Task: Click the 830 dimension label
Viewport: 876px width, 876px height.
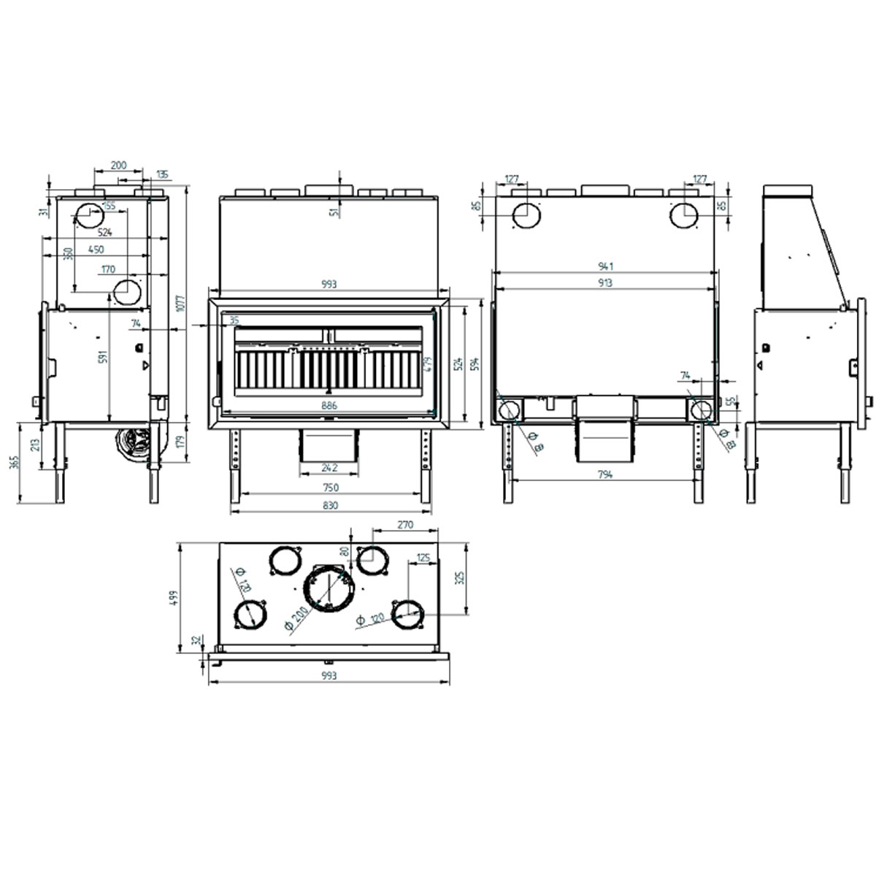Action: click(x=328, y=505)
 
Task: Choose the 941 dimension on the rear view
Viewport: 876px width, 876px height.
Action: click(x=604, y=266)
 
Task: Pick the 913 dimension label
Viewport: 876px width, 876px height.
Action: click(x=604, y=283)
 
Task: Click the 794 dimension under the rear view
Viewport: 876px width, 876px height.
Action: click(x=604, y=474)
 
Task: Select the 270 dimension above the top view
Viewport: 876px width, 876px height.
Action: click(x=406, y=524)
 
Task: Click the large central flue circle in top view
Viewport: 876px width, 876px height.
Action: click(x=329, y=588)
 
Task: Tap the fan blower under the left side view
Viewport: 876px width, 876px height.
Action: click(x=134, y=443)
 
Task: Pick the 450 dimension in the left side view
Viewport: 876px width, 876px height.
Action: click(x=96, y=250)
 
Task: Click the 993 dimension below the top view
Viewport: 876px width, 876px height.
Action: click(x=328, y=676)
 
